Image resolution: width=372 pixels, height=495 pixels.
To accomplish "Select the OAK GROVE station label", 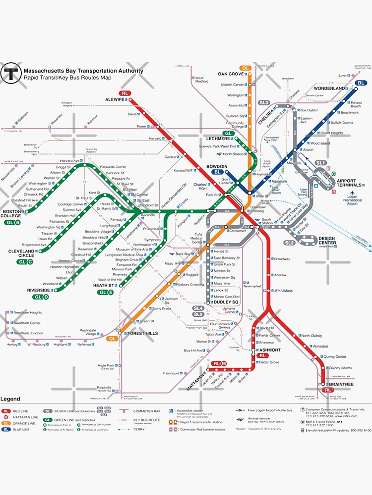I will [231, 74].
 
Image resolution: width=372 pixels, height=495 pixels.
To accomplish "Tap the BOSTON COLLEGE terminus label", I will [11, 214].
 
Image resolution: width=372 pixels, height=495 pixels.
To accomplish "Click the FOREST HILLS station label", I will [142, 334].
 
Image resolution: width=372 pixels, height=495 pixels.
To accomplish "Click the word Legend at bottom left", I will [10, 399].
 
